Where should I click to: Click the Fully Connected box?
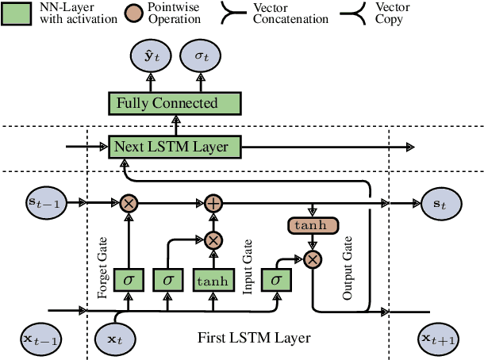coord(174,103)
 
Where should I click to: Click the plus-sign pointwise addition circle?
coord(213,203)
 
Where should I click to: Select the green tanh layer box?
coord(213,279)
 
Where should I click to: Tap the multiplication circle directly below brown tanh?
coord(313,259)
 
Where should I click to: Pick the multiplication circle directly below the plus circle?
coord(213,239)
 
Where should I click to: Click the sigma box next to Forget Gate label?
coord(129,279)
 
